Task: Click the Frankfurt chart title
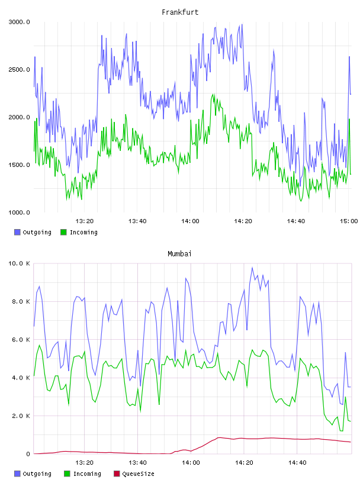tap(180, 12)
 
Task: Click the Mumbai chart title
tap(179, 254)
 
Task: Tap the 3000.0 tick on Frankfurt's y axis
tap(19, 22)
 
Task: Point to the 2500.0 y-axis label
tap(19, 70)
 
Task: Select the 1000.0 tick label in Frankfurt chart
tap(19, 212)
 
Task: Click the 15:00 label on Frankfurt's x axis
tap(349, 221)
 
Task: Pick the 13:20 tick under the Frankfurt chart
tap(85, 221)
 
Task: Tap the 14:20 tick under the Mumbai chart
tap(244, 463)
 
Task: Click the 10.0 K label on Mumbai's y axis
tap(19, 263)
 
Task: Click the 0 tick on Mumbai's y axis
tap(28, 454)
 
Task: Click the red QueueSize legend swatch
tap(117, 474)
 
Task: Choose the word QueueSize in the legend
tap(138, 474)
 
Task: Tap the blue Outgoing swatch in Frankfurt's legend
tap(17, 232)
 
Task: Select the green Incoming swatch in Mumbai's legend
tap(67, 474)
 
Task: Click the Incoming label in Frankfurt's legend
tap(83, 233)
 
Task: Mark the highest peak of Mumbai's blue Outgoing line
tap(252, 268)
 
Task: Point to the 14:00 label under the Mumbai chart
tap(191, 463)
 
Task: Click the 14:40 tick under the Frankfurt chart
tap(296, 221)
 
